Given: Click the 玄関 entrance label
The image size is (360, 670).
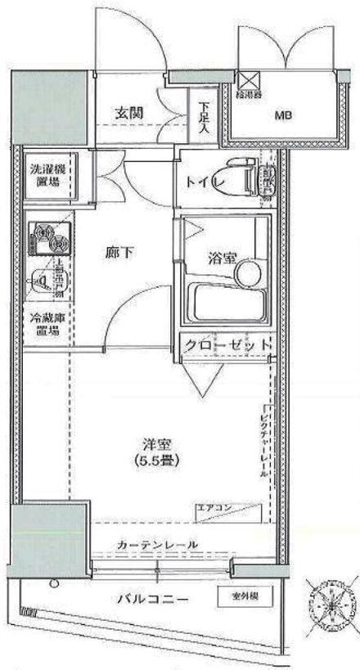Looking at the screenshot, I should [130, 113].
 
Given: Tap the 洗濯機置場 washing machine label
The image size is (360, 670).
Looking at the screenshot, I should [47, 176].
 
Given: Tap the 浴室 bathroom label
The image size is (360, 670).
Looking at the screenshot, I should [222, 259].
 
